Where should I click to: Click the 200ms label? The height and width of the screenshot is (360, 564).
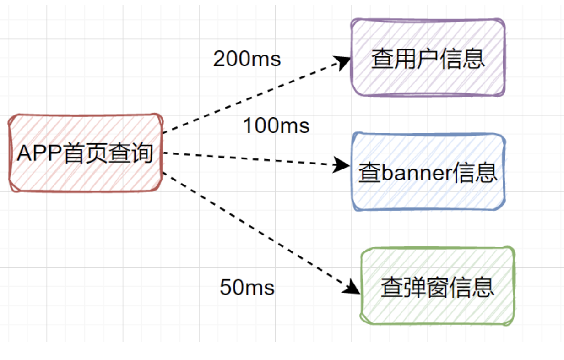(x=247, y=59)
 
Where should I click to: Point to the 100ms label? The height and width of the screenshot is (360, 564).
(x=276, y=125)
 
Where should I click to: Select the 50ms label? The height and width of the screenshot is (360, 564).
(x=247, y=288)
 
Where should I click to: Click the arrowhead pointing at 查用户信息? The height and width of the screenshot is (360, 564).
(x=343, y=61)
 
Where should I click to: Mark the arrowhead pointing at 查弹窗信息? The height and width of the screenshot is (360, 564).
(x=353, y=287)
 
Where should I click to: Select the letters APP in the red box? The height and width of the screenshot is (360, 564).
(x=39, y=153)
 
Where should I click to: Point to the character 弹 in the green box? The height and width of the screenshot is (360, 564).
(x=415, y=288)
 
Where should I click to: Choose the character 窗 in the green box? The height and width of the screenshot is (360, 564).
(x=438, y=288)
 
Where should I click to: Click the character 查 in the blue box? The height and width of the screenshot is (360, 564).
(x=369, y=173)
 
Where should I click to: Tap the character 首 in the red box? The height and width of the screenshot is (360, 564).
(x=74, y=153)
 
